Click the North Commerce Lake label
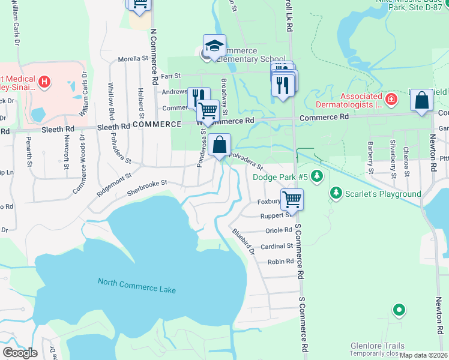[x=137, y=286]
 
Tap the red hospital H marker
[x=44, y=81]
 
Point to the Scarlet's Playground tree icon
[x=336, y=193]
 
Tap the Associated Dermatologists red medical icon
[x=391, y=98]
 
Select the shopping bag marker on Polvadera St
[x=220, y=145]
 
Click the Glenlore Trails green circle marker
[x=399, y=310]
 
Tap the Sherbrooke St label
[x=146, y=187]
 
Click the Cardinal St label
[x=277, y=246]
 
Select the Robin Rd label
[x=280, y=262]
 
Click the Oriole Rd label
[x=278, y=230]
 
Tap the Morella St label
[x=133, y=59]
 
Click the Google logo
[x=20, y=353]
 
